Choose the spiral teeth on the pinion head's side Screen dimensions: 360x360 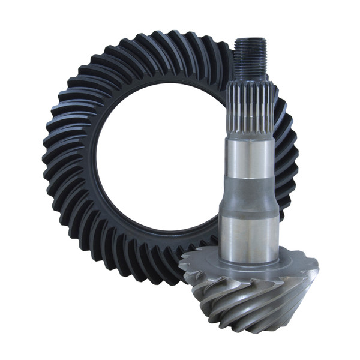(x=252, y=306)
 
